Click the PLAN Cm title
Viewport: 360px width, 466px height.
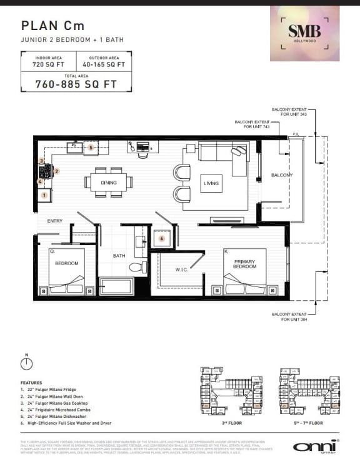[52, 26]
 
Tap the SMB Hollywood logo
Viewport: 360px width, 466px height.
[304, 33]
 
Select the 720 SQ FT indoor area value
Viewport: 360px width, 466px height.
[47, 64]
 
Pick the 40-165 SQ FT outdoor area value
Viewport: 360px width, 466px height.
[103, 64]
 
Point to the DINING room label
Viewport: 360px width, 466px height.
[108, 183]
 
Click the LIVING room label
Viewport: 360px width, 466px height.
[211, 183]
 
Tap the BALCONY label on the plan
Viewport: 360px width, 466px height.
[282, 175]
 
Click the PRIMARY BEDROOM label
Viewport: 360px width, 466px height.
[244, 263]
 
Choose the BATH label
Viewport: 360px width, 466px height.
[119, 256]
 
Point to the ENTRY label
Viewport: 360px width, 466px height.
[55, 221]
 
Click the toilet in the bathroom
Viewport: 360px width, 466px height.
[136, 267]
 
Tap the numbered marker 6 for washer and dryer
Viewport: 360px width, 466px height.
[161, 238]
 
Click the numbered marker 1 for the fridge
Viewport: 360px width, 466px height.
[44, 195]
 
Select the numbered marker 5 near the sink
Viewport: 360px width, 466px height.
[91, 148]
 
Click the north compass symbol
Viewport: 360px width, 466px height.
[27, 363]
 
